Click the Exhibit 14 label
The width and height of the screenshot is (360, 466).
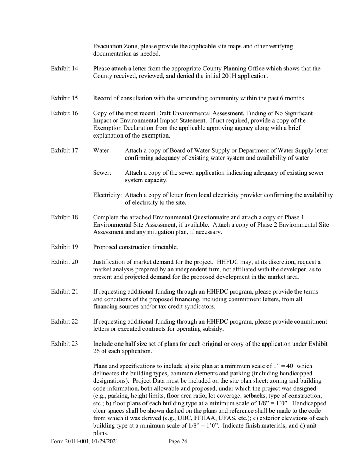tap(64, 69)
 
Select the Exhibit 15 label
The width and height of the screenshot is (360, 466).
tap(64, 99)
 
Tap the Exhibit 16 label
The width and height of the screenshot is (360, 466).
tap(64, 113)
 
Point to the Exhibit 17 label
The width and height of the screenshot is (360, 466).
tap(64, 150)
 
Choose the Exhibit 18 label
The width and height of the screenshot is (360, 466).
tap(64, 217)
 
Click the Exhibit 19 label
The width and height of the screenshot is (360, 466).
tap(64, 247)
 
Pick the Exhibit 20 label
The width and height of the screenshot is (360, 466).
tap(64, 262)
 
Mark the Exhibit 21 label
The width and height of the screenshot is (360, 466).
tap(64, 292)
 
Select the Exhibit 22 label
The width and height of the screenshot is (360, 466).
tap(64, 322)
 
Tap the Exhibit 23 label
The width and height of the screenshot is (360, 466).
tap(64, 344)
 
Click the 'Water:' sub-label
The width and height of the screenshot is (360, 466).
tap(102, 150)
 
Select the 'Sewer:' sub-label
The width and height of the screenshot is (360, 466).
tap(102, 173)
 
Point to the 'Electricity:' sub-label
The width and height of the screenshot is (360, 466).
tap(108, 195)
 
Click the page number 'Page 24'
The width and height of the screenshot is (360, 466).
tap(178, 441)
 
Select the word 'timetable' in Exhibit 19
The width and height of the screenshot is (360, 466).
tap(164, 247)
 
